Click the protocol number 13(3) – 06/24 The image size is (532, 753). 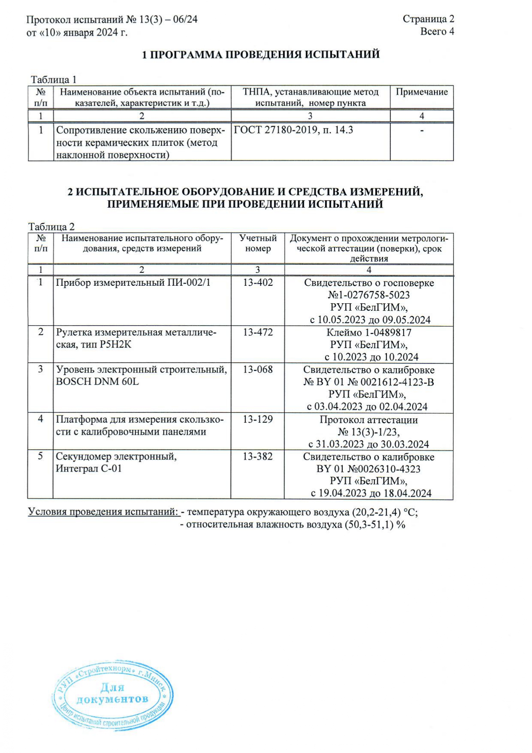point(162,20)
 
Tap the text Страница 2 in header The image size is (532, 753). point(428,19)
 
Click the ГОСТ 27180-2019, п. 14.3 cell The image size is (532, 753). point(293,130)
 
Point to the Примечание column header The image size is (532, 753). point(421,92)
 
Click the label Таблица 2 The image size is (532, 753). point(51,227)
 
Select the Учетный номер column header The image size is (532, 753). point(258,243)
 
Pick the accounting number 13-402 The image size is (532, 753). point(258,282)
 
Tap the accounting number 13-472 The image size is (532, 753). point(258,332)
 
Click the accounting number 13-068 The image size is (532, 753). point(258,369)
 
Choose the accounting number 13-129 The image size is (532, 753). point(258,419)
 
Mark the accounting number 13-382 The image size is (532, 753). point(258,457)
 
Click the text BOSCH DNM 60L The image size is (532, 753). point(97,381)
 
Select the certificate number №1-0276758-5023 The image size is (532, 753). point(369,295)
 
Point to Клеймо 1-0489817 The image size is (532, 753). point(369,333)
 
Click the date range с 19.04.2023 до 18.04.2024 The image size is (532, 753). point(371,493)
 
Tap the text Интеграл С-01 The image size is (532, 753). point(89,469)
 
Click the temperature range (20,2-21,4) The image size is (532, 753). point(376,512)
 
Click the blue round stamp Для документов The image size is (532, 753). point(113,695)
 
